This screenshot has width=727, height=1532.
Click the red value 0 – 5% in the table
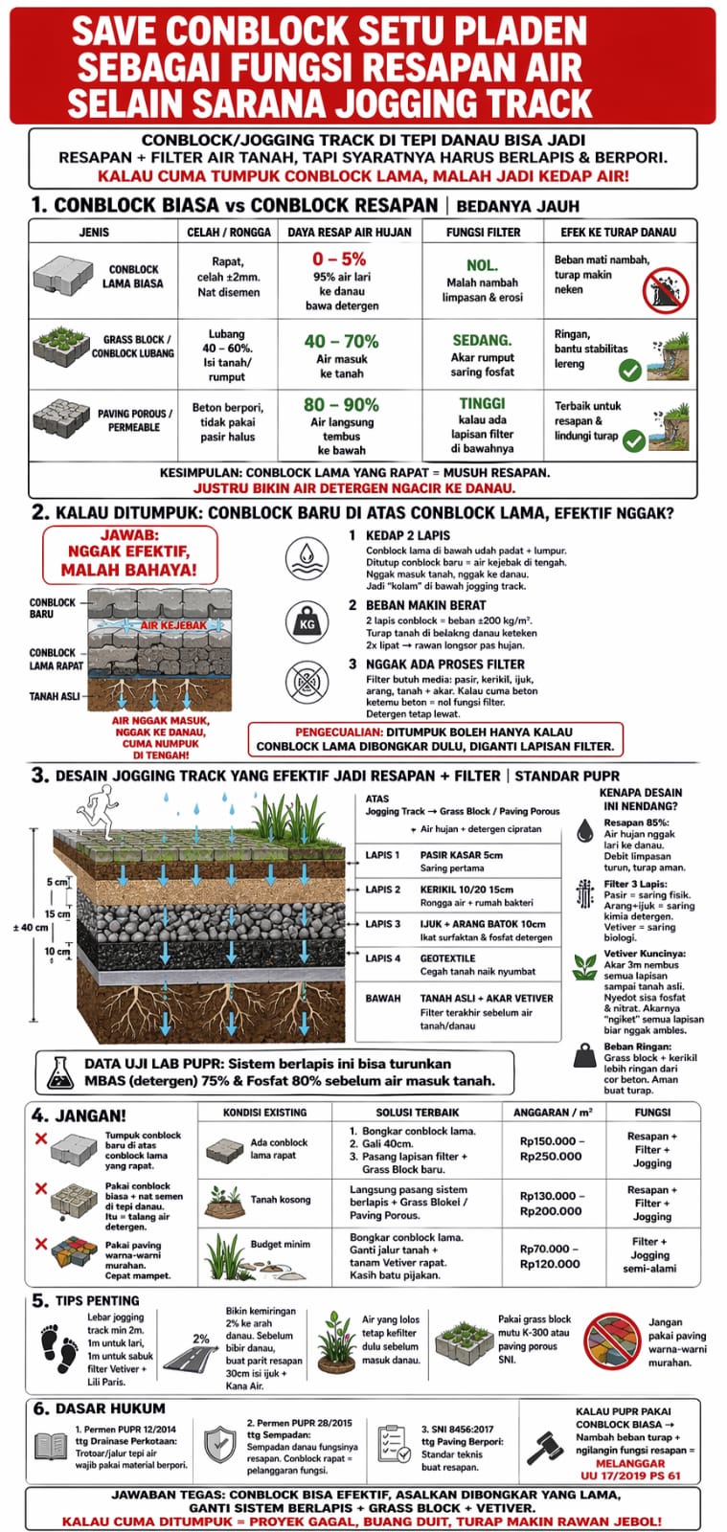pos(339,259)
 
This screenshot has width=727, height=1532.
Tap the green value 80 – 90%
pos(341,405)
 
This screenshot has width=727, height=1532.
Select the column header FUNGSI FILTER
pos(483,232)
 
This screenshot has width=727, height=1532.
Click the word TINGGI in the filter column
pos(482,404)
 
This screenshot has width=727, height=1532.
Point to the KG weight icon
pos(307,623)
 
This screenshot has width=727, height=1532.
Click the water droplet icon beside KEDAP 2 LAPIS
pos(307,556)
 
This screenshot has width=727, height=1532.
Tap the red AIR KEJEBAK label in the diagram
pos(173,625)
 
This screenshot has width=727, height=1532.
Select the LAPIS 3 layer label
pos(383,924)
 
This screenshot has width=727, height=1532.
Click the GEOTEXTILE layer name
pos(447,958)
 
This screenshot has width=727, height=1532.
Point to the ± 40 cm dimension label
pos(30,928)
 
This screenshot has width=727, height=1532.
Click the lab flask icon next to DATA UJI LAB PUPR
pos(60,1071)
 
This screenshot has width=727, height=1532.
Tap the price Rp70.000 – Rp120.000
pos(550,1256)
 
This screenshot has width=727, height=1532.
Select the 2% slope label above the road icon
pos(201,1339)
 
